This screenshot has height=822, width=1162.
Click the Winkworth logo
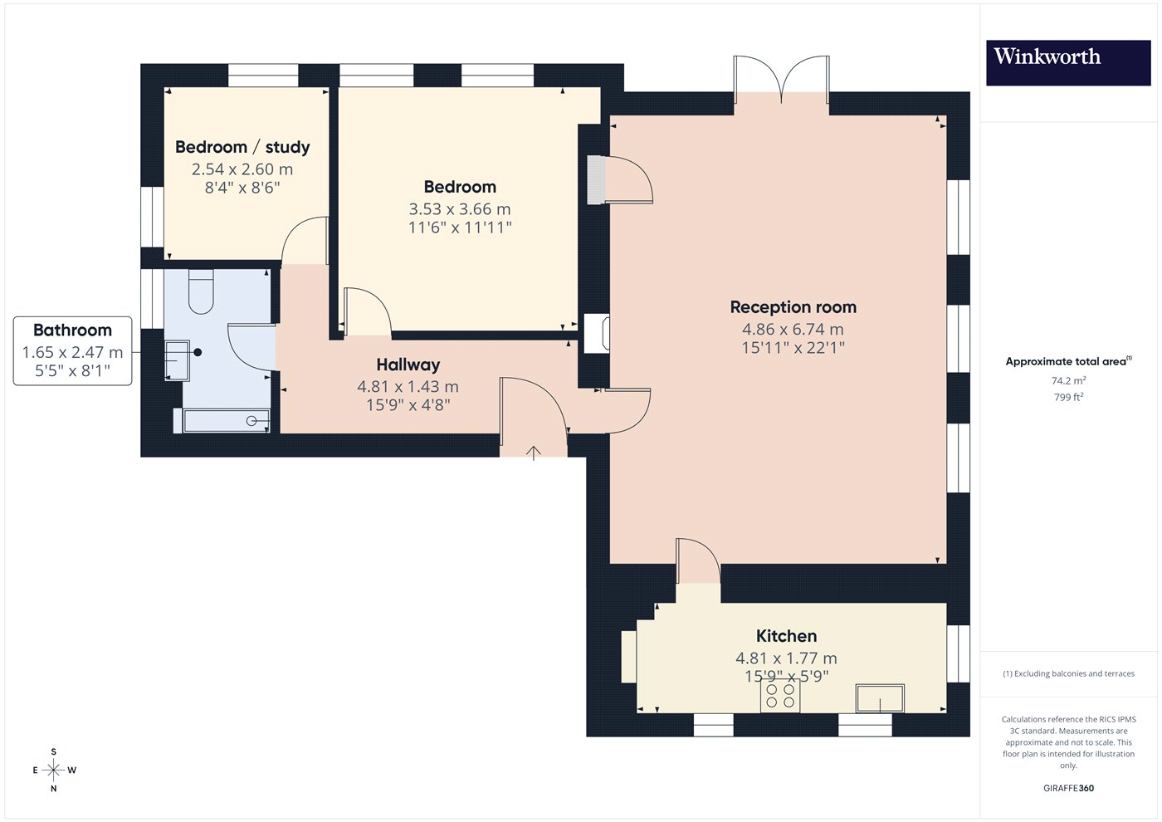tap(1068, 63)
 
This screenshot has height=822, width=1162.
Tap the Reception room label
tap(793, 307)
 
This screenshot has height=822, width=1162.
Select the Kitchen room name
tap(786, 636)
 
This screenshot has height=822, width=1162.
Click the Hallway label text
tap(408, 365)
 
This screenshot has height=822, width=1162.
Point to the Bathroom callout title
tap(72, 330)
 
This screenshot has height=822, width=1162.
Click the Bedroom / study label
tap(242, 148)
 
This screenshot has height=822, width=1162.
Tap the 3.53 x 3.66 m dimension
tap(460, 209)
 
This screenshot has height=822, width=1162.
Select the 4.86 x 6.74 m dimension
tap(793, 329)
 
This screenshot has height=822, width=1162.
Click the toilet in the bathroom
tap(201, 291)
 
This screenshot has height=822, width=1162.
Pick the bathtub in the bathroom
tap(226, 420)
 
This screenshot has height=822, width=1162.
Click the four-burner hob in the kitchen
tap(780, 696)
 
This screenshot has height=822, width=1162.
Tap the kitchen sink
tap(880, 698)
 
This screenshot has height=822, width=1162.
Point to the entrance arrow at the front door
tap(533, 453)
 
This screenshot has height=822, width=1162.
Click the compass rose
tap(54, 771)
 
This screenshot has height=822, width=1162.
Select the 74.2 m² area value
tap(1069, 380)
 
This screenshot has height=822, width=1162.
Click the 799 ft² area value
tap(1068, 397)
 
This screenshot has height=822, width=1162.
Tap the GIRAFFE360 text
tap(1069, 788)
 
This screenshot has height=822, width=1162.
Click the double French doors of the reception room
tap(781, 81)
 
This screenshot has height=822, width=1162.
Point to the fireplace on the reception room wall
tap(597, 334)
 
